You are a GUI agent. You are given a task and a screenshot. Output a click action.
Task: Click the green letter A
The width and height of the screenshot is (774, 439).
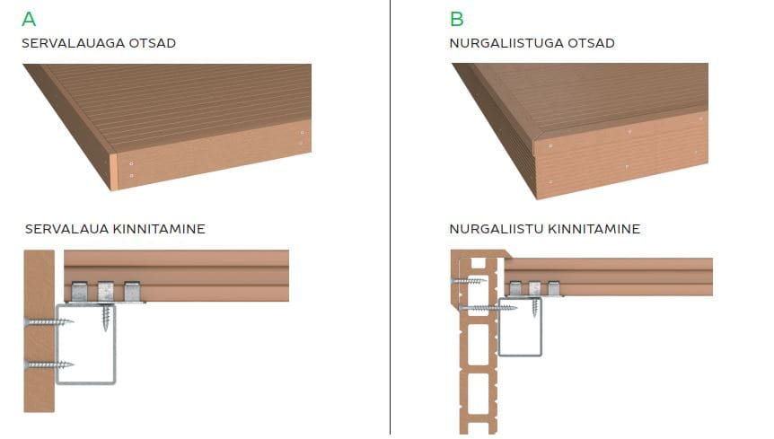tap(29, 19)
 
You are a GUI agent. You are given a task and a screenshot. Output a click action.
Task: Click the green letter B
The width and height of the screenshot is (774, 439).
tap(457, 19)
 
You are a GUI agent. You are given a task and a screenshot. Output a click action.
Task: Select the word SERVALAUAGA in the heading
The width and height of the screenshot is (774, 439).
tap(73, 43)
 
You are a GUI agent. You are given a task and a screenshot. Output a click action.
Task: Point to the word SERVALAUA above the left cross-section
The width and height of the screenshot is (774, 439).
tap(66, 229)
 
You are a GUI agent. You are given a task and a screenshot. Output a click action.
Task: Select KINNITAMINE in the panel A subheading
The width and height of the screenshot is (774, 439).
tap(159, 229)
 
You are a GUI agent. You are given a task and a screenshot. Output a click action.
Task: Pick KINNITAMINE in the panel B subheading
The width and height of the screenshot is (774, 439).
tap(594, 229)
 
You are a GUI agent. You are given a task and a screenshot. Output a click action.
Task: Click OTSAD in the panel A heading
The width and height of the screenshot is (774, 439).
tap(152, 43)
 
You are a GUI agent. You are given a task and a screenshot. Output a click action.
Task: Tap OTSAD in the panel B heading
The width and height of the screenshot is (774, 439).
tap(591, 43)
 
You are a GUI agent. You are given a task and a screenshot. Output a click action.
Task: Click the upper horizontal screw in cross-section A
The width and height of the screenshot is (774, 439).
tap(48, 322)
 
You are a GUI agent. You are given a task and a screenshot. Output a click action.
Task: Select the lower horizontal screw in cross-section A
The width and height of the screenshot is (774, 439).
tap(48, 365)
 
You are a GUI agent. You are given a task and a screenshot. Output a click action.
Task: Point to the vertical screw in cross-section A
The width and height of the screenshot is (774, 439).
tap(107, 317)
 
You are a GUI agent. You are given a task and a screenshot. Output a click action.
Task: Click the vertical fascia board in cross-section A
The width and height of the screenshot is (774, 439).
tap(39, 331)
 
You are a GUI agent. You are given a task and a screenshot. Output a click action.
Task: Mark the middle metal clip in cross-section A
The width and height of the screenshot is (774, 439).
tap(106, 292)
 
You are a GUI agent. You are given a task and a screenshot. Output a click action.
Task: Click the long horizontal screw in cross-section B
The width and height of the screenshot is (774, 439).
tap(488, 308)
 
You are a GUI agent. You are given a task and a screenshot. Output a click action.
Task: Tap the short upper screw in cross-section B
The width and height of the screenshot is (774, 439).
tap(469, 281)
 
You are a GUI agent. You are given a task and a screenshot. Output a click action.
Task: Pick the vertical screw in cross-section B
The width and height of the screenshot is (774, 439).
tap(535, 307)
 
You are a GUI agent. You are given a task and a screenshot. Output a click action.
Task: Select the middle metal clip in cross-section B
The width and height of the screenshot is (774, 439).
tap(534, 288)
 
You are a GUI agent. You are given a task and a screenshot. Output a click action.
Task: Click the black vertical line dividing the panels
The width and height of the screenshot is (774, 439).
tap(390, 217)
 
